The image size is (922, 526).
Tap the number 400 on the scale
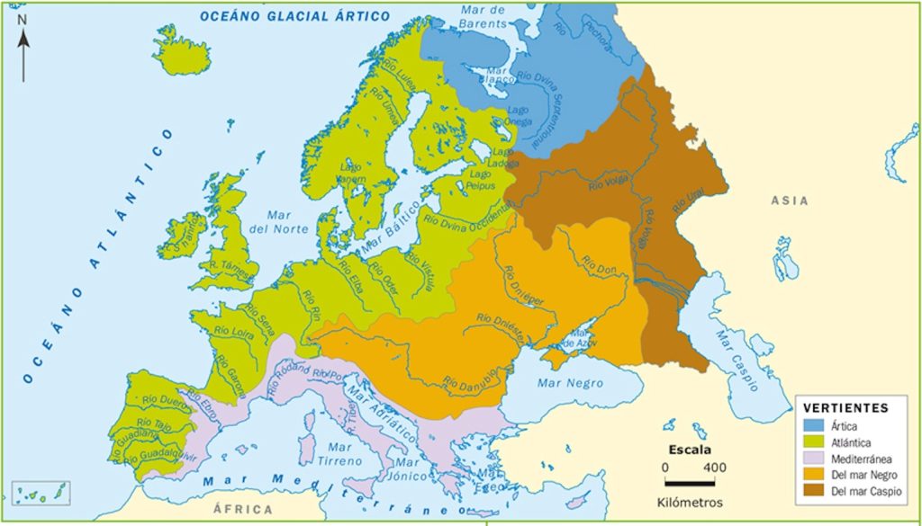point(715,468)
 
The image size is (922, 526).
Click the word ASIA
point(789,201)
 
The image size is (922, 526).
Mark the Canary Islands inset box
point(40,493)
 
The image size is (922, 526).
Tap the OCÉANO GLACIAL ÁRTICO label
point(294,16)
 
